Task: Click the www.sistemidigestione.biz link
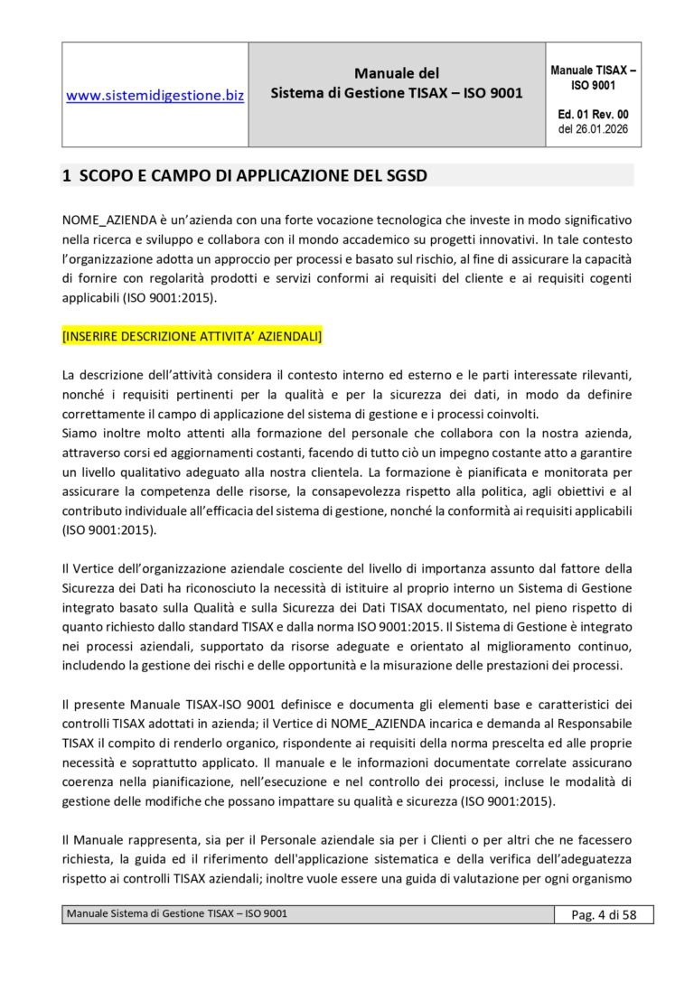[155, 94]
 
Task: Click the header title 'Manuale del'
[397, 73]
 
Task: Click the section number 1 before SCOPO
[66, 176]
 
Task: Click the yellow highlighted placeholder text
[192, 336]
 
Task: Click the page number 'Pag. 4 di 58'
[604, 915]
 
